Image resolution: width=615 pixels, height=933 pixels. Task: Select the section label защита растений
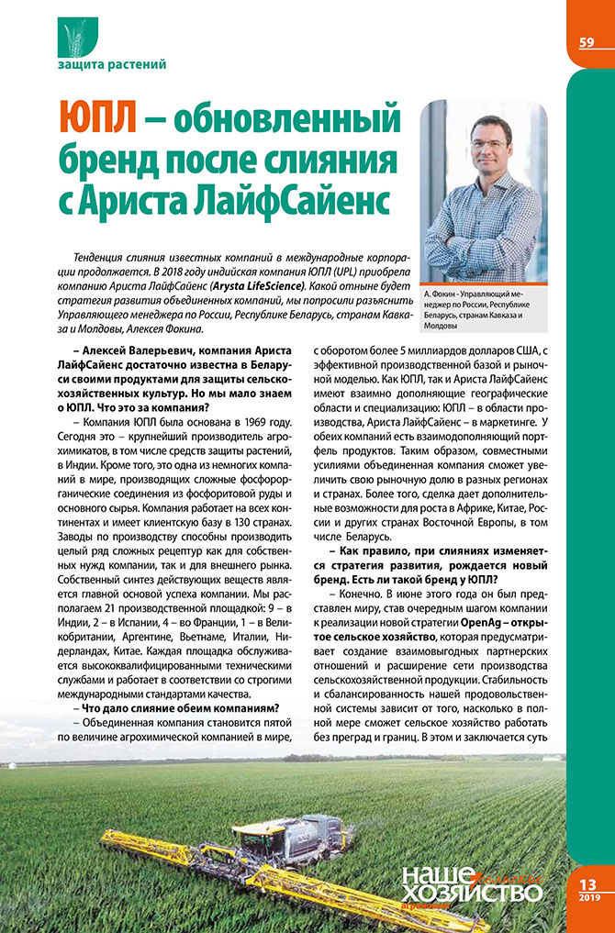pyautogui.click(x=112, y=65)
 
